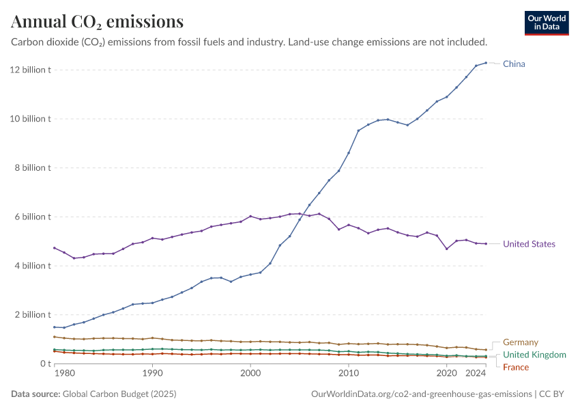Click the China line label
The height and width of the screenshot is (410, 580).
[x=514, y=64]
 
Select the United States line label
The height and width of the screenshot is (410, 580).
[x=529, y=244]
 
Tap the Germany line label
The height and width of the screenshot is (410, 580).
[x=521, y=342]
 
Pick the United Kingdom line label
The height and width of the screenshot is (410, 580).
[x=534, y=355]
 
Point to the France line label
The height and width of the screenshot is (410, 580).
[x=516, y=368]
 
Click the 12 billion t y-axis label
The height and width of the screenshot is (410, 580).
[x=31, y=70]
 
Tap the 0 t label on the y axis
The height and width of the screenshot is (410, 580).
[x=45, y=364]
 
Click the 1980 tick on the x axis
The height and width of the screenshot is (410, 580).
[x=64, y=374]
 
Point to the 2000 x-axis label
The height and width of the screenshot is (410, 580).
[x=250, y=374]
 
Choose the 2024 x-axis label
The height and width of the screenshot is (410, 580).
[x=476, y=374]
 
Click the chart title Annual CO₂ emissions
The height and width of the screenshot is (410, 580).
[x=98, y=22]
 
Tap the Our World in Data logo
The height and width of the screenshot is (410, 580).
[x=547, y=23]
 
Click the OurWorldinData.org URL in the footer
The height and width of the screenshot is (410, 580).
[x=421, y=394]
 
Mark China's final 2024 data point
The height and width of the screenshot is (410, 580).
[x=486, y=63]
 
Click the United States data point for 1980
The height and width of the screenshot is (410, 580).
[x=55, y=248]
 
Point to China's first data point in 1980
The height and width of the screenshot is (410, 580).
[x=55, y=327]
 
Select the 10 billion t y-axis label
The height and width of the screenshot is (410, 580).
[x=31, y=119]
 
